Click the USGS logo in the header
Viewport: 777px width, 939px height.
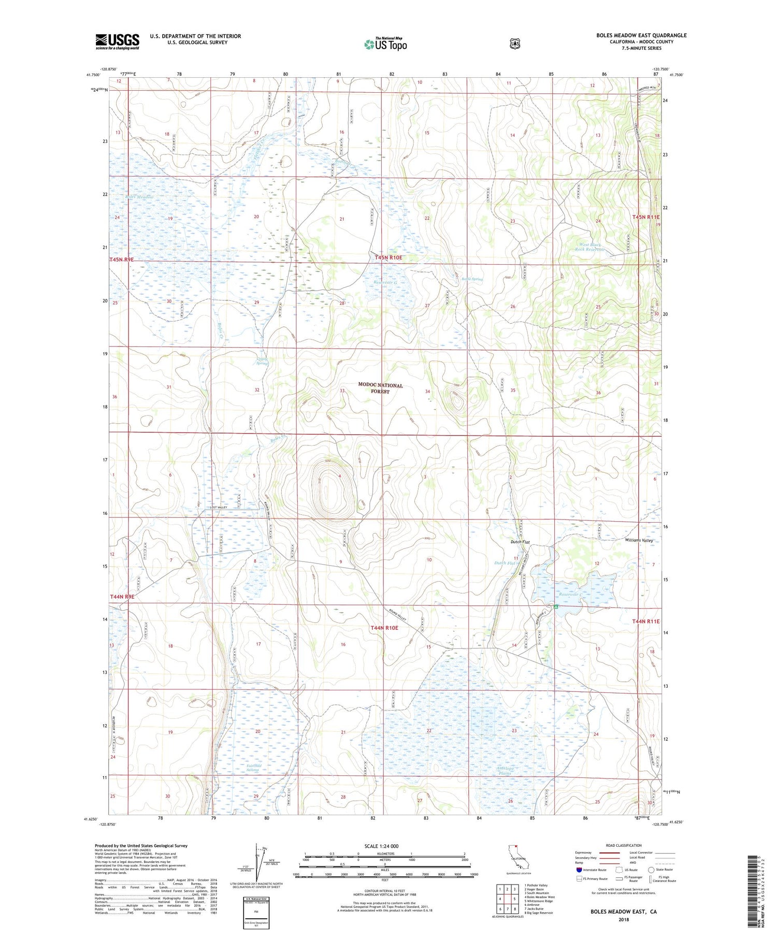point(118,41)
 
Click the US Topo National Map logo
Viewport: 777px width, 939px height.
point(385,44)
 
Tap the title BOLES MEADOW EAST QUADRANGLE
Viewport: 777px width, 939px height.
point(641,35)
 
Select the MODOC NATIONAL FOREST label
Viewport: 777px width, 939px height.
point(380,388)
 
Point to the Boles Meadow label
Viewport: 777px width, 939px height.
point(139,197)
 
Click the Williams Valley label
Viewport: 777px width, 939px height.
point(639,540)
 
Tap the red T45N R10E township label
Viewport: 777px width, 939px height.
point(388,257)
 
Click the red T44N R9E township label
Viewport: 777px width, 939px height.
point(122,597)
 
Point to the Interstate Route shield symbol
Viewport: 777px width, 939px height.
point(579,870)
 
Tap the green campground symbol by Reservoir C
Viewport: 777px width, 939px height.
point(556,606)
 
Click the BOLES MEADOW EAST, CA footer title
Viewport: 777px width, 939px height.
point(623,911)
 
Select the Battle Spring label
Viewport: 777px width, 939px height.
point(472,279)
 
